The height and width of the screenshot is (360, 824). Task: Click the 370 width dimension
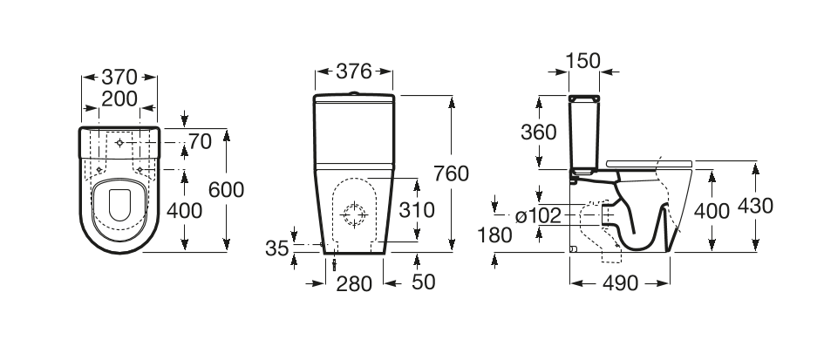[x=119, y=78]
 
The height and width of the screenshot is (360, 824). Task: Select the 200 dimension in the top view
[x=119, y=98]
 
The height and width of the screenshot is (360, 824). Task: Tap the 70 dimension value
[x=200, y=141]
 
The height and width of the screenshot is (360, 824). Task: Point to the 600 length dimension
[x=227, y=190]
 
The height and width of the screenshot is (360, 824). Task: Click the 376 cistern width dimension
[x=354, y=71]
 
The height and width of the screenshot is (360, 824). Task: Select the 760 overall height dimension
[x=451, y=173]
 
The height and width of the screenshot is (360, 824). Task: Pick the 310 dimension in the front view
[x=417, y=210]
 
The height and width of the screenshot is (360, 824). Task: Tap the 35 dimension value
[x=277, y=248]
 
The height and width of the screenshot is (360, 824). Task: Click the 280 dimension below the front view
[x=354, y=284]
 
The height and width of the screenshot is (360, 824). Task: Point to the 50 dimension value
[x=424, y=282]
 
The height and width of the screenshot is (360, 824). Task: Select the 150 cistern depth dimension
[x=583, y=62]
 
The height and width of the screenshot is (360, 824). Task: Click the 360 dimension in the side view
[x=539, y=132]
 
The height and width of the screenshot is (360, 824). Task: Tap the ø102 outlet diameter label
[x=538, y=216]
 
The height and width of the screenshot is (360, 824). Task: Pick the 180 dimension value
[x=494, y=235]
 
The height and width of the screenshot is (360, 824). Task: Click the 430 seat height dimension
[x=756, y=206]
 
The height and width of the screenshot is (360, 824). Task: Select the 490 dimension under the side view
[x=620, y=284]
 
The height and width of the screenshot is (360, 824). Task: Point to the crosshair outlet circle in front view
[x=354, y=214]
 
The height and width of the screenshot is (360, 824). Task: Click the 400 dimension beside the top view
[x=185, y=211]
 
